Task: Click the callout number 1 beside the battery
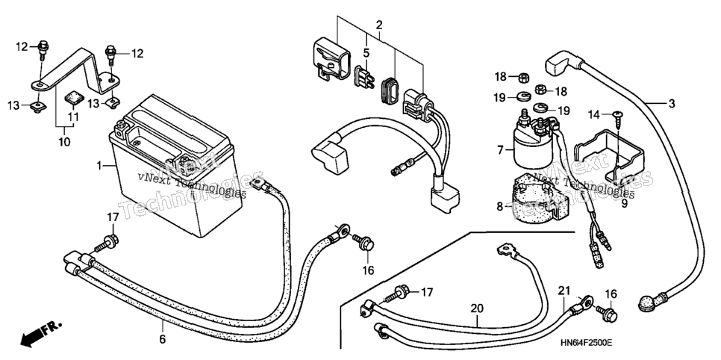point(99,165)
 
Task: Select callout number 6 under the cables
point(162,340)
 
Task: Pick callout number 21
point(564,291)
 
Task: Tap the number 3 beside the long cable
point(672,104)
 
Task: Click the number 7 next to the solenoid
point(500,149)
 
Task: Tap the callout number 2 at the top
point(379,25)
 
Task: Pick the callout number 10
point(64,141)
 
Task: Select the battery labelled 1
point(171,166)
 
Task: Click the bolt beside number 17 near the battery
point(107,243)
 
